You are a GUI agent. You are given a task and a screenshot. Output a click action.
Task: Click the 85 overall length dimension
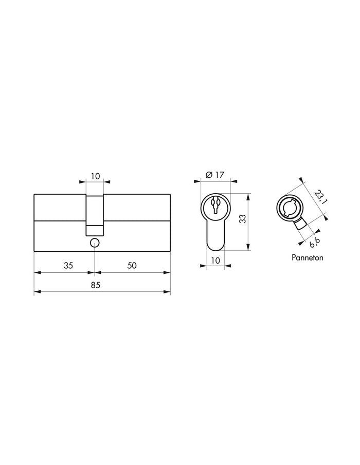point(96,285)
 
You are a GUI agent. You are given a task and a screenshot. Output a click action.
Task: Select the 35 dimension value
point(68,266)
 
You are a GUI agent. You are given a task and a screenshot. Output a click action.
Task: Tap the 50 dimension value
point(132,266)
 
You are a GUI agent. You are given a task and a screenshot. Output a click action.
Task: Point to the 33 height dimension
point(242,219)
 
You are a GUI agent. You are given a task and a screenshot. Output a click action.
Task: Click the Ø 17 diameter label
point(215,175)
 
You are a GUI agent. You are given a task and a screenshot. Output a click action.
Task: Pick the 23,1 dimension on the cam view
point(320,197)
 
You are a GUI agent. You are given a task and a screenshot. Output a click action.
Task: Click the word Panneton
point(307,257)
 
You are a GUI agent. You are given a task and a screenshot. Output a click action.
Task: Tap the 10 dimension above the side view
point(95,176)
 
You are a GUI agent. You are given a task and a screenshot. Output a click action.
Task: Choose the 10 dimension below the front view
point(215,261)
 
